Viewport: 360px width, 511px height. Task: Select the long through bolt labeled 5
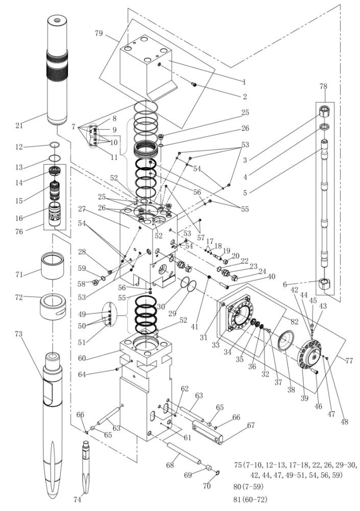click(x=325, y=204)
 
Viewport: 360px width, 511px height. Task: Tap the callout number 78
click(x=324, y=86)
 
